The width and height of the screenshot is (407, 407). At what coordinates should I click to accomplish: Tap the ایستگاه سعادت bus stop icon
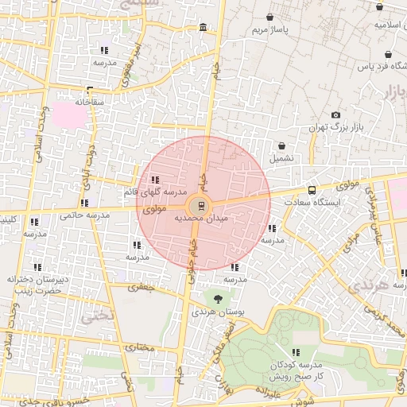tap(311, 191)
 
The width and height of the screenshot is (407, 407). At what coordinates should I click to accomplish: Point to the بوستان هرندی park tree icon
tap(219, 299)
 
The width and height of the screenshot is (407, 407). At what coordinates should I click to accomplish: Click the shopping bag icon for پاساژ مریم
tap(270, 17)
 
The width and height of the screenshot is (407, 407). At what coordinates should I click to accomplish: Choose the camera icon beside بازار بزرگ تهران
tap(335, 115)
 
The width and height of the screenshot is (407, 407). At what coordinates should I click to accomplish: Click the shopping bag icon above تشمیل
tap(282, 145)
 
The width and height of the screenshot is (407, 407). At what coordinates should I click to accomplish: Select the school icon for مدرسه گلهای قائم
tap(154, 180)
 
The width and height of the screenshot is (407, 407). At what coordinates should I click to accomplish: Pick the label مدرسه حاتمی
tap(83, 215)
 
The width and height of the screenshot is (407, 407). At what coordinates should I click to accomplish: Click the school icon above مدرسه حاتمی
tap(83, 203)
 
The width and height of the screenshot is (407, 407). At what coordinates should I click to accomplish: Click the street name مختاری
tap(138, 347)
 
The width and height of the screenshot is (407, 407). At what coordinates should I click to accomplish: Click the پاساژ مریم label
tap(270, 30)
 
